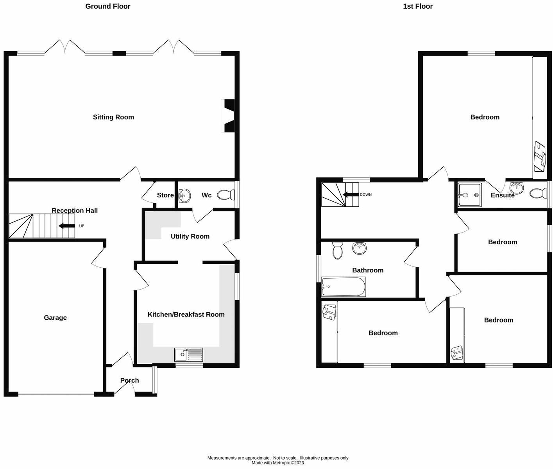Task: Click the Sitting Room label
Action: (x=113, y=117)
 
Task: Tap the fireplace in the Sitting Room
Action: (x=229, y=116)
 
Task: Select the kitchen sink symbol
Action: (x=189, y=354)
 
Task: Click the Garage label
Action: (x=55, y=318)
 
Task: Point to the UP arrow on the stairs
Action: (x=66, y=226)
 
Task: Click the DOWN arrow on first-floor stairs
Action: (x=351, y=195)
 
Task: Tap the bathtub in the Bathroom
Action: (x=344, y=287)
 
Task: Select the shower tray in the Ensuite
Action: (x=470, y=195)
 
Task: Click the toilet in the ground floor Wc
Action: (x=225, y=195)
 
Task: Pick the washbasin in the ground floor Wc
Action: (x=184, y=195)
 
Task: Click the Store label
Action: (x=165, y=195)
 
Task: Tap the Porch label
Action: (x=129, y=380)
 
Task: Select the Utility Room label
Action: (x=190, y=236)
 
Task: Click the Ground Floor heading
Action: (x=108, y=6)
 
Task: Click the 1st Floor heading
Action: (x=418, y=6)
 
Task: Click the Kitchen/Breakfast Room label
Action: (x=186, y=315)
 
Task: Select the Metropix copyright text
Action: (x=277, y=463)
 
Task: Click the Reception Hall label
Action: (x=75, y=211)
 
